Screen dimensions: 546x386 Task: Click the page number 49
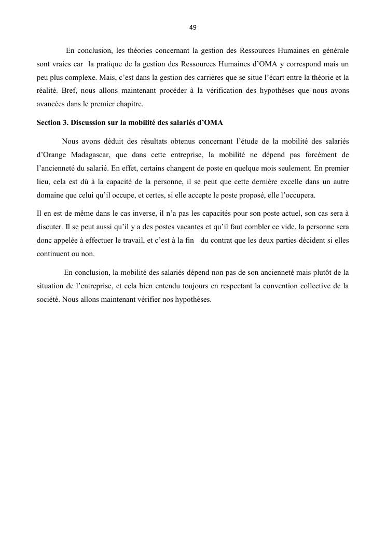[x=193, y=27]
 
